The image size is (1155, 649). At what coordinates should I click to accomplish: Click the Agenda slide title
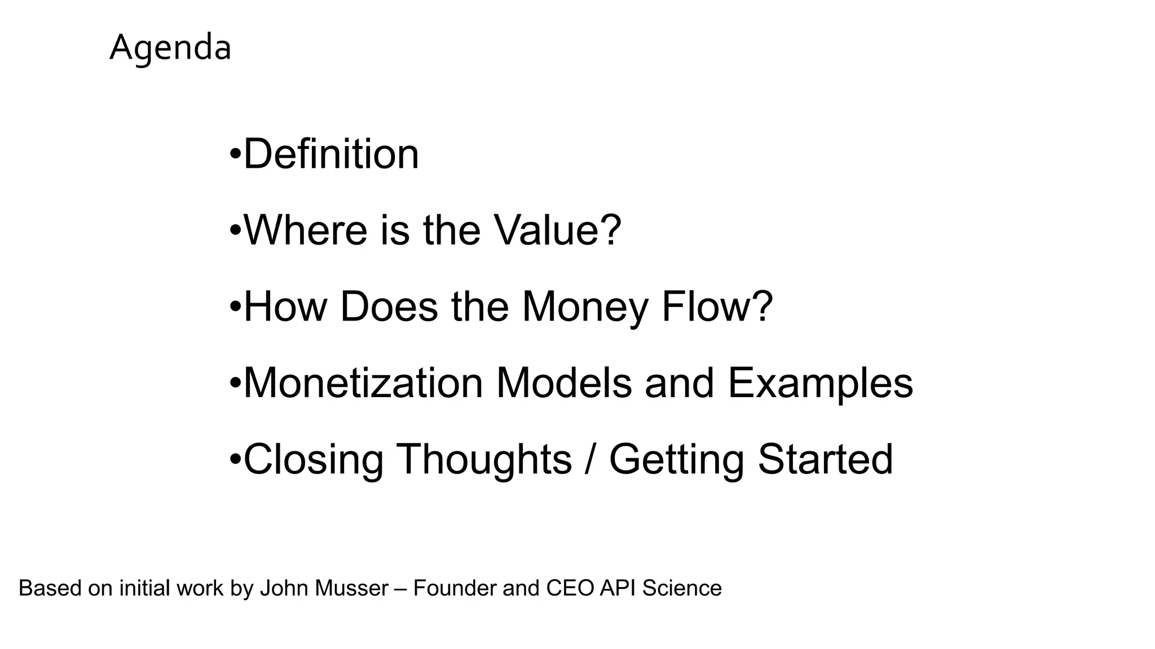point(170,48)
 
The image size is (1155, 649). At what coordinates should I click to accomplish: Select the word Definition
point(331,154)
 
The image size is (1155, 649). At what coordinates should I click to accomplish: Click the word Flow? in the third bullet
point(717,307)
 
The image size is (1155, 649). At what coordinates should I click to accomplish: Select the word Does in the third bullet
point(389,307)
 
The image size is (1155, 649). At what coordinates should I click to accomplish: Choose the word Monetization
point(363,383)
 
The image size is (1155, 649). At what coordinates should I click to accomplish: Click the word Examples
point(820,383)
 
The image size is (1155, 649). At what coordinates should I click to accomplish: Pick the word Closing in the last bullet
point(314,459)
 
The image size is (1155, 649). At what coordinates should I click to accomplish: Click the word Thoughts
point(484,459)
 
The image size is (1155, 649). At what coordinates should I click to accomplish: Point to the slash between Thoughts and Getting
point(590,459)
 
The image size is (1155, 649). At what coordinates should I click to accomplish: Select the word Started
point(825,459)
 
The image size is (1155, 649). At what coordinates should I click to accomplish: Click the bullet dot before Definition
point(235,154)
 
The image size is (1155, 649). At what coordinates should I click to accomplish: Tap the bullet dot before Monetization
point(235,383)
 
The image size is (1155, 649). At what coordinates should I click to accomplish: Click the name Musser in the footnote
point(351,588)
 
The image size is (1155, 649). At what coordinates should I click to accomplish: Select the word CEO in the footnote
point(570,588)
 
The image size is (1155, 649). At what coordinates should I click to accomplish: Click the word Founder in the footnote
point(455,588)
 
